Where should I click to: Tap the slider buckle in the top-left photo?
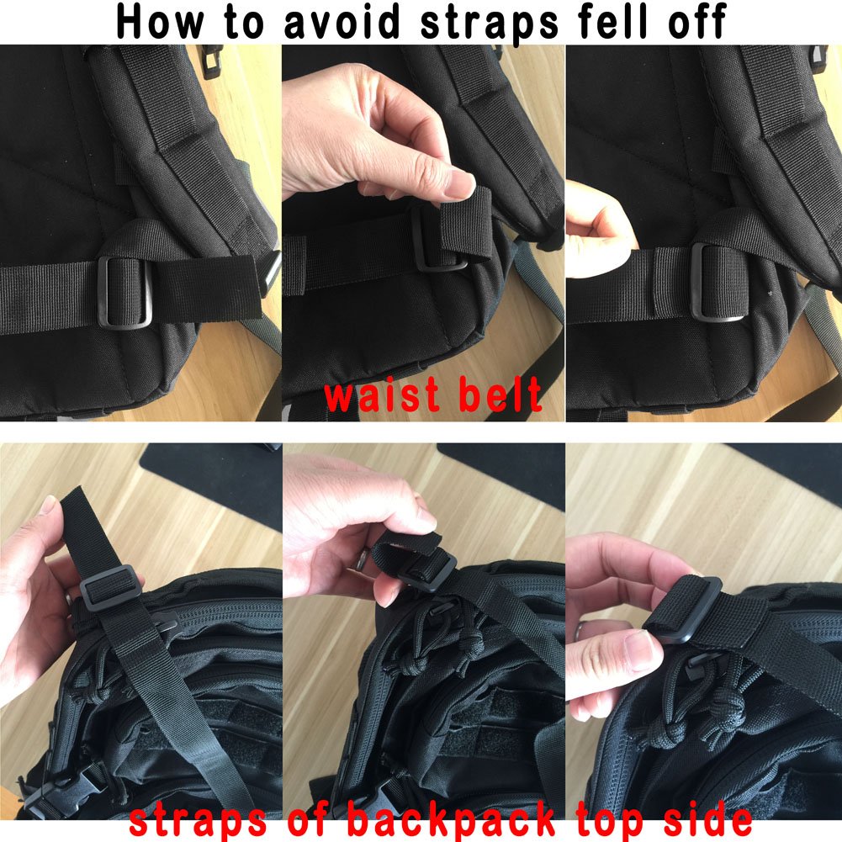[x=126, y=291]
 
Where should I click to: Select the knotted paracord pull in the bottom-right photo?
[x=681, y=715]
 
